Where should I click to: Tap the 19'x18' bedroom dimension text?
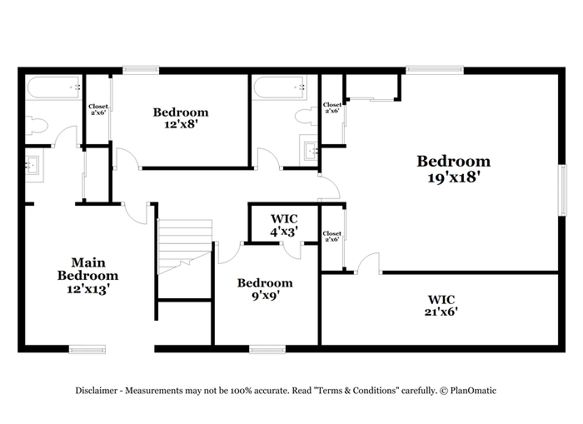point(452,177)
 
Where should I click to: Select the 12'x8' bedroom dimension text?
point(181,124)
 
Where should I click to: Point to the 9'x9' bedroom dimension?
point(264,296)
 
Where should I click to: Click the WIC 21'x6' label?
point(441,306)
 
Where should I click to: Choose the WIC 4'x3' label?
point(284,225)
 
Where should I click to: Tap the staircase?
point(185,247)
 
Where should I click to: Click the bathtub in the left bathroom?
point(54,87)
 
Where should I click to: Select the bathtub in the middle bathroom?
point(280,87)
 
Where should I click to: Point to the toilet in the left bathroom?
point(37,125)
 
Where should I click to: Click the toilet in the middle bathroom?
point(306,117)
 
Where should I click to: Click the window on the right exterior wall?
point(564,190)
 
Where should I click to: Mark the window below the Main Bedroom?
point(87,349)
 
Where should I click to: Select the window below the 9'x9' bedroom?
point(267,349)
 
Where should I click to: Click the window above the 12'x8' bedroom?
point(141,70)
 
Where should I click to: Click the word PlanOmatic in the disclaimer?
point(473,391)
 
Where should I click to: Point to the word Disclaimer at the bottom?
point(97,391)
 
